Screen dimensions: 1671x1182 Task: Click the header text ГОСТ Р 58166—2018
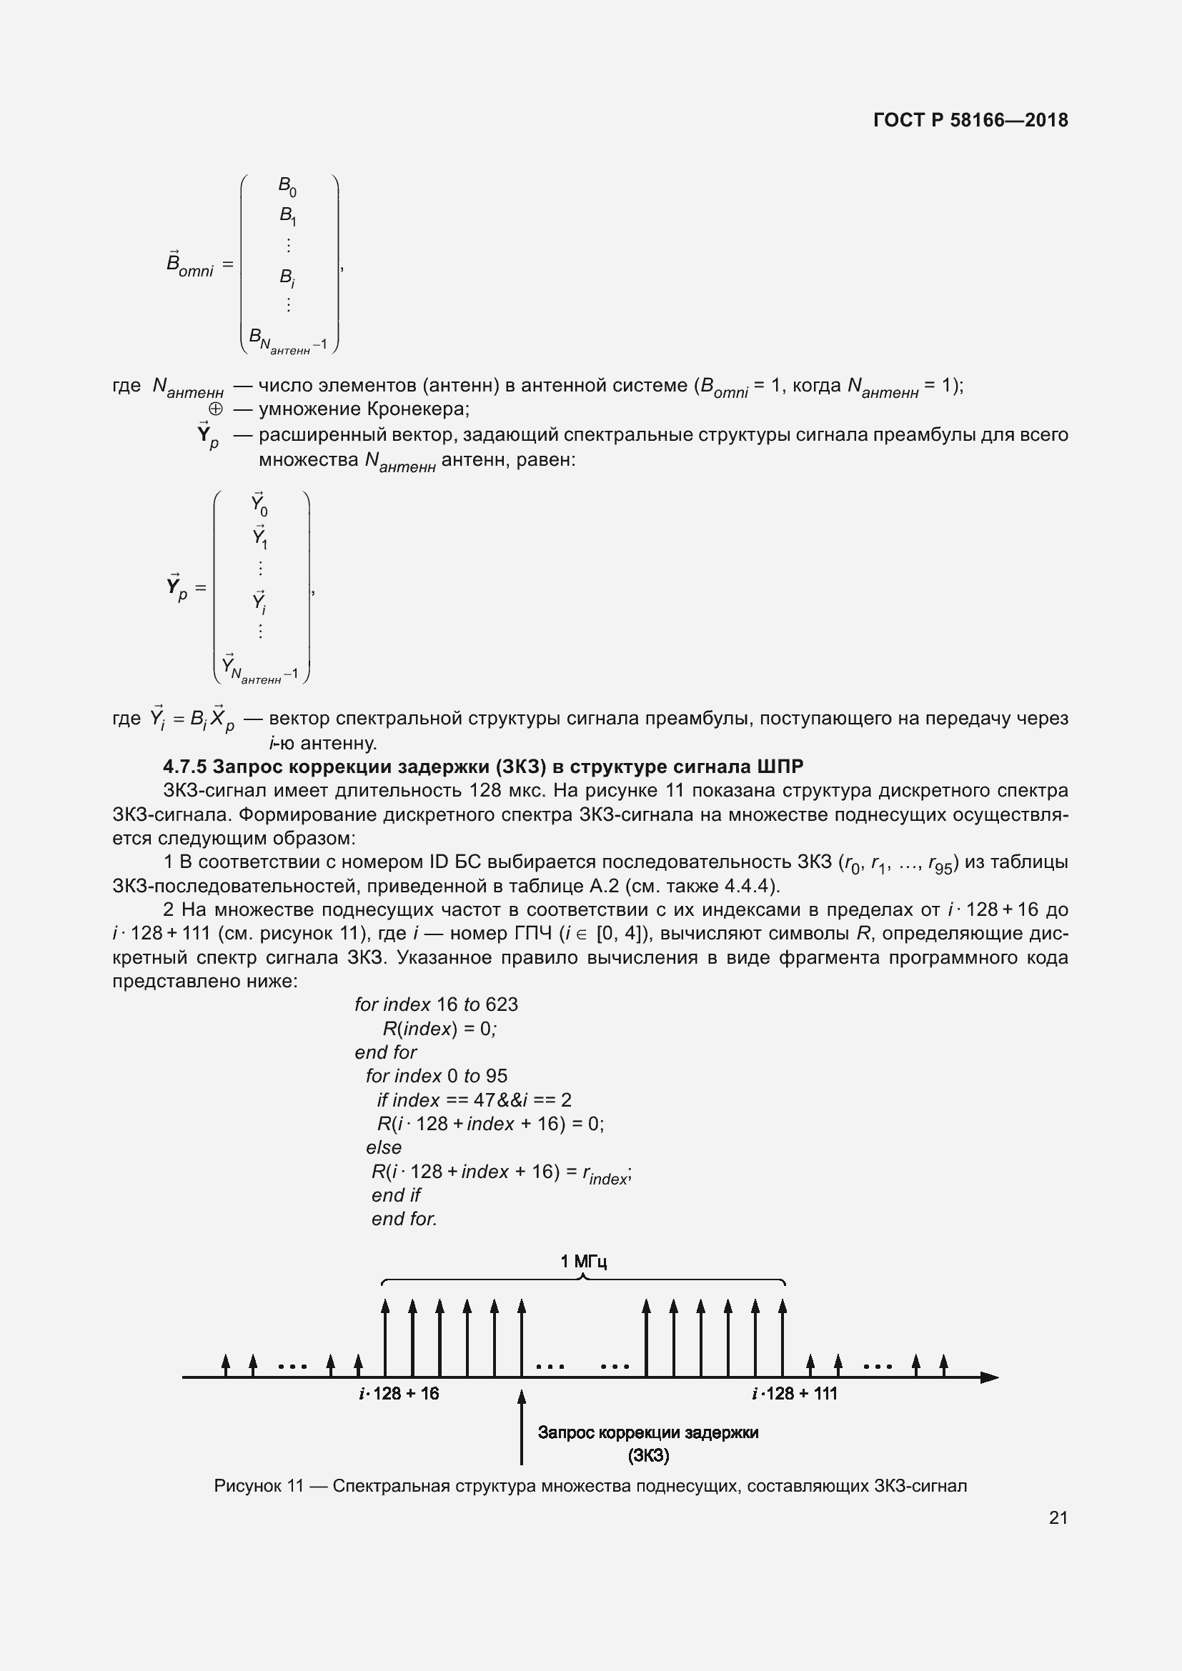tap(970, 120)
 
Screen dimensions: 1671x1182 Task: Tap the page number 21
tap(1058, 1517)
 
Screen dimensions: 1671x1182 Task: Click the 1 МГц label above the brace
tap(583, 1261)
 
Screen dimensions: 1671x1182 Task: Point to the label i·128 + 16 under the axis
tap(399, 1394)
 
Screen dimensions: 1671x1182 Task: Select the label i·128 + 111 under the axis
tap(794, 1394)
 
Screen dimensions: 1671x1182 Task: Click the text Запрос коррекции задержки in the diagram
tap(647, 1433)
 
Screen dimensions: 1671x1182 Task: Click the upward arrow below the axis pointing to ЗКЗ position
tap(521, 1427)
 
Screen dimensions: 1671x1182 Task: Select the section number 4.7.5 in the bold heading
tap(185, 767)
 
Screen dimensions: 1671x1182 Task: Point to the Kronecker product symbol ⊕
tap(215, 409)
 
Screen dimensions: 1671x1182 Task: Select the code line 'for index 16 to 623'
tap(436, 1004)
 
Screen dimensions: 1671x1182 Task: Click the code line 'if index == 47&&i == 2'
tap(474, 1100)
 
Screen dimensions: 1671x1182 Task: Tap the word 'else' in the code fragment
tap(384, 1148)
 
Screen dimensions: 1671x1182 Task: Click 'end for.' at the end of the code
tap(404, 1219)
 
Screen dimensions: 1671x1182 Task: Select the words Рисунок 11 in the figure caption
tap(258, 1486)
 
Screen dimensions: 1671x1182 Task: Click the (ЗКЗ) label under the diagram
tap(647, 1455)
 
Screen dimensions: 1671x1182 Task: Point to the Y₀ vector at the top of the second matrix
tap(259, 504)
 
